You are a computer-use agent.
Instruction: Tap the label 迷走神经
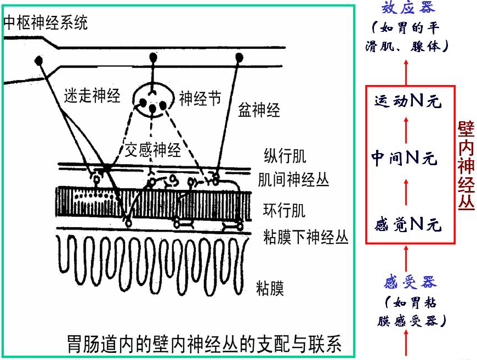tap(92, 95)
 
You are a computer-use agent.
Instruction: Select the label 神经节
tap(200, 99)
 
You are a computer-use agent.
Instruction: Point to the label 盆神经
tap(259, 110)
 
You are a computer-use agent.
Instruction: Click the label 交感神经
tap(153, 150)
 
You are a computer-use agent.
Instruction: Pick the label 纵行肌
tap(285, 156)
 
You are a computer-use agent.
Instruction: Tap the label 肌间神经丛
tap(293, 179)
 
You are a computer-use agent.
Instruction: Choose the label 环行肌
tap(285, 210)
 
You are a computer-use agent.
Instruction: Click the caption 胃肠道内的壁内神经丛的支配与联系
tap(204, 344)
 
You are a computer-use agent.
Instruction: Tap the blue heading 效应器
tap(408, 7)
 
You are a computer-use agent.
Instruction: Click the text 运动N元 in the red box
tap(408, 101)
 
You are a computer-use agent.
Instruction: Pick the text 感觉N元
tap(408, 224)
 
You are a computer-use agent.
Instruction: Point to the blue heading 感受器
tap(410, 282)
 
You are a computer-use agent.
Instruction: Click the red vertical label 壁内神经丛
tap(466, 165)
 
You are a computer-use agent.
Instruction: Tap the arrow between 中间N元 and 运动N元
tap(406, 130)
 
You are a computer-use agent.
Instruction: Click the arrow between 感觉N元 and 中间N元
tap(406, 191)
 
